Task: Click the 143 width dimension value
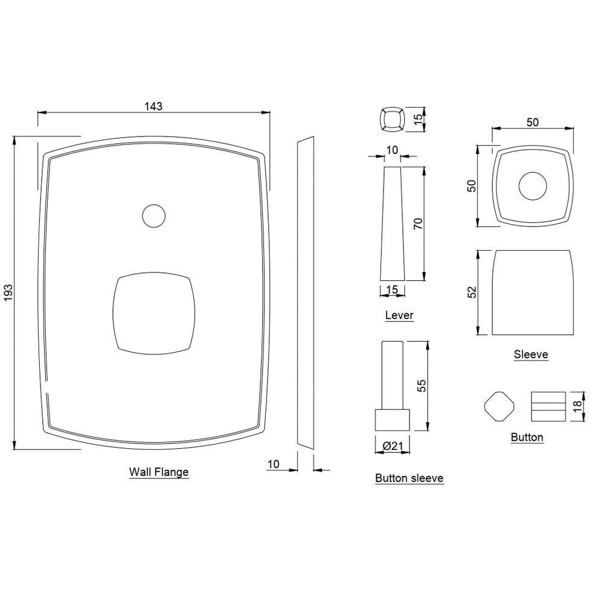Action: (x=153, y=106)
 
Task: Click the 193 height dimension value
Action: (x=8, y=293)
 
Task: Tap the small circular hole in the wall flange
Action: (x=153, y=216)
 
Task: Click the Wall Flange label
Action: (x=159, y=472)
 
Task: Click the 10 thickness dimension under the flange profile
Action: (x=273, y=464)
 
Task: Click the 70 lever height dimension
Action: (x=417, y=223)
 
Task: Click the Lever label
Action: (x=399, y=315)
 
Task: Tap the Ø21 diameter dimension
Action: (x=392, y=446)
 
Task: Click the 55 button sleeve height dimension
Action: (x=422, y=386)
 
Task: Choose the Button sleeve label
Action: (x=409, y=478)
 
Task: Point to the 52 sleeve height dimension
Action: (x=473, y=292)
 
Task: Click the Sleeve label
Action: (x=531, y=355)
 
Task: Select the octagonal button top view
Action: (x=499, y=406)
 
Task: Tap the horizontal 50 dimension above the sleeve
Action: (x=532, y=122)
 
